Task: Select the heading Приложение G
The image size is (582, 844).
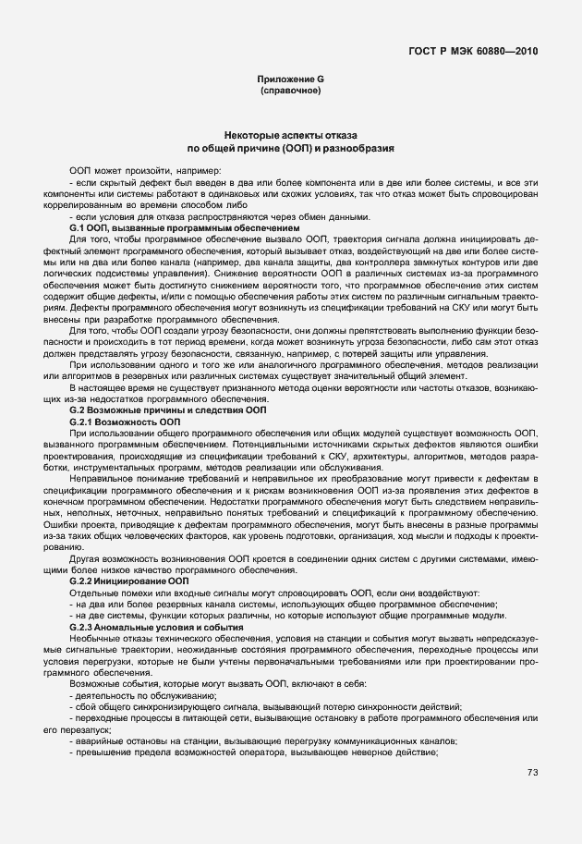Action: tap(291, 80)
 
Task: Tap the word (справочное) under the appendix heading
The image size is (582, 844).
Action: tap(291, 92)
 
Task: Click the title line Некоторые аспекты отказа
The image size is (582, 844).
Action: tap(291, 135)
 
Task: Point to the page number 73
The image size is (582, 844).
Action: tap(533, 773)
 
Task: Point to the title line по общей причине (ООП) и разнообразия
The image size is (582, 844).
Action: tap(291, 148)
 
